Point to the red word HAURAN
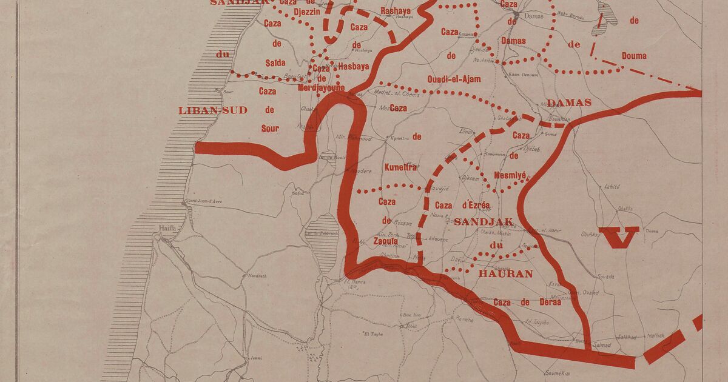pyautogui.click(x=505, y=273)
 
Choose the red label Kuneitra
pyautogui.click(x=400, y=167)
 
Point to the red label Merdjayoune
pyautogui.click(x=322, y=87)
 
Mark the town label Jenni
pyautogui.click(x=255, y=358)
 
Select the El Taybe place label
pyautogui.click(x=374, y=333)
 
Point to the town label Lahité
pyautogui.click(x=612, y=187)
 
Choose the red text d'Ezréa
pyautogui.click(x=476, y=206)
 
